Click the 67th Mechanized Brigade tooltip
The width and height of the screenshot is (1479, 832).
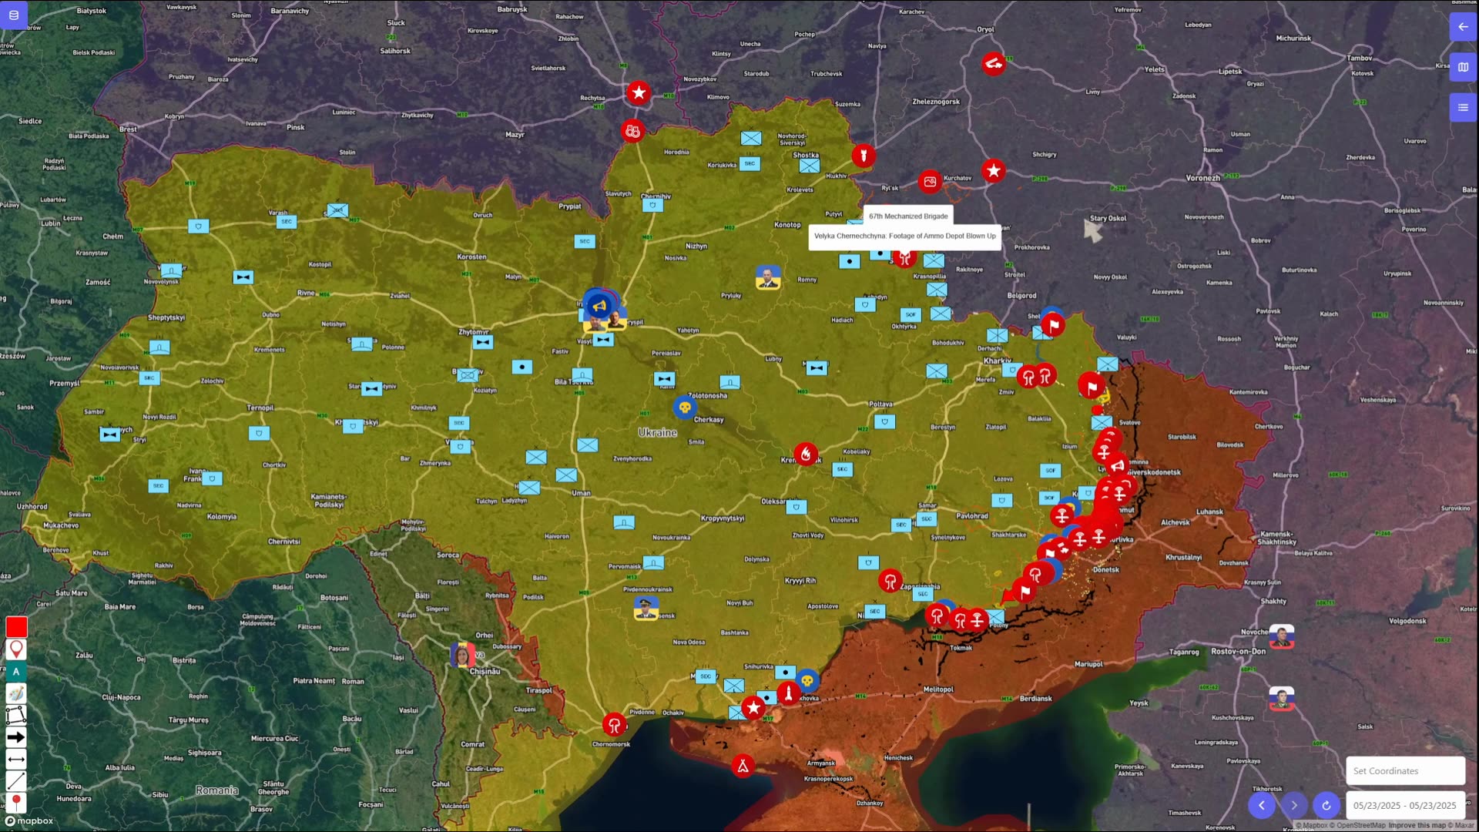point(908,216)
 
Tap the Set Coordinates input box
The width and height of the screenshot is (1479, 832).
point(1404,771)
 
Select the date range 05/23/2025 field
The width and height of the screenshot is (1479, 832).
point(1404,806)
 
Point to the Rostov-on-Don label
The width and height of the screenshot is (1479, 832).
point(1238,652)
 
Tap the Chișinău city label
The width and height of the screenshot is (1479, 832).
point(485,672)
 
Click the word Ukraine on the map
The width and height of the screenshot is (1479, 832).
point(657,433)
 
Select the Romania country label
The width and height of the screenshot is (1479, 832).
point(216,790)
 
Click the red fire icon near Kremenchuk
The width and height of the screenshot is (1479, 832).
point(806,454)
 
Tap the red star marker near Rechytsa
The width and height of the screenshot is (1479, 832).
point(639,93)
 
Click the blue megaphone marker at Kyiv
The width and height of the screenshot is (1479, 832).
point(599,306)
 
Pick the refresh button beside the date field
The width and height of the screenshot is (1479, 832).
point(1326,806)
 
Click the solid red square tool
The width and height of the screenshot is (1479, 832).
point(16,627)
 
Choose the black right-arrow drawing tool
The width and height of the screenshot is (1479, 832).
point(16,737)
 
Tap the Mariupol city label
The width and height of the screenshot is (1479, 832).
point(1088,664)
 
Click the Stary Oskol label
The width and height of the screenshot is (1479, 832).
point(1108,219)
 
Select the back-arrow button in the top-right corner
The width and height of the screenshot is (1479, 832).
point(1463,27)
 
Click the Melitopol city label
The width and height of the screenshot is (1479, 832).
point(938,689)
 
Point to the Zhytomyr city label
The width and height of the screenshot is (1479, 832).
point(474,332)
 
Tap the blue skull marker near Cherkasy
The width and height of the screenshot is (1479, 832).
point(685,407)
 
